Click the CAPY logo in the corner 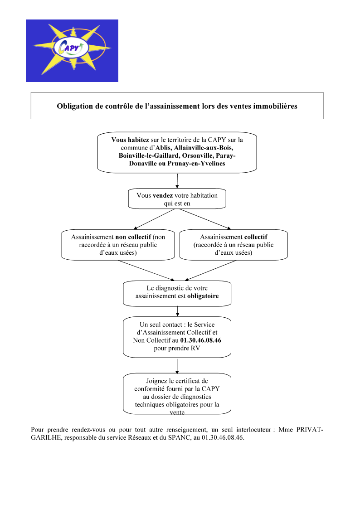coord(72,51)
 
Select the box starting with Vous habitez coord(177,152)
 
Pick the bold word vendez coord(163,195)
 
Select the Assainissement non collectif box coord(118,245)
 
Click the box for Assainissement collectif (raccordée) coord(234,245)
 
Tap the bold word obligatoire coord(203,296)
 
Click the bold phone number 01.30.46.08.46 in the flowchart coord(200,340)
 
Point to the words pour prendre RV coord(177,348)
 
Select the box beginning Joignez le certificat coord(177,394)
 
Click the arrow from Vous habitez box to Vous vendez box coord(177,181)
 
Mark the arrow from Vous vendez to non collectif coord(155,219)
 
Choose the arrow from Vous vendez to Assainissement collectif coord(205,219)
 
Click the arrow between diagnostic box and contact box coord(177,311)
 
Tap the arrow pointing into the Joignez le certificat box coord(177,366)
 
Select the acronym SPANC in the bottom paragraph coord(178,437)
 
